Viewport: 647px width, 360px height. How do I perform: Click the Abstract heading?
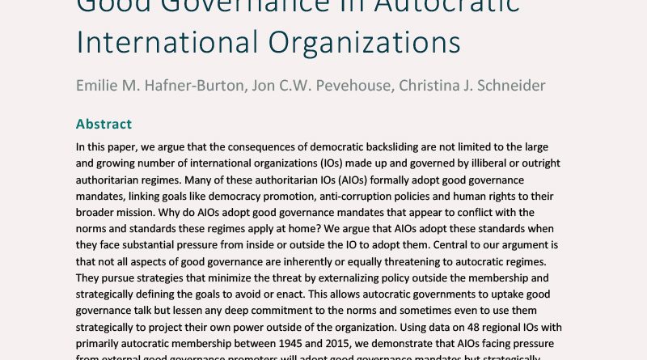(104, 124)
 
